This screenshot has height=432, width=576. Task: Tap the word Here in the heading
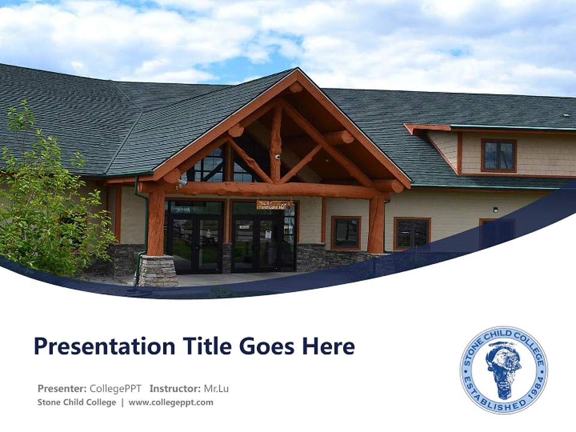tap(329, 347)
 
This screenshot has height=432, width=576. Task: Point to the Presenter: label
tap(63, 388)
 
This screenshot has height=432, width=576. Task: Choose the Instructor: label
tap(175, 388)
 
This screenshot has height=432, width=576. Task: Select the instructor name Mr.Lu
tap(216, 388)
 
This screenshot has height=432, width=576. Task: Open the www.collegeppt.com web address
tap(171, 403)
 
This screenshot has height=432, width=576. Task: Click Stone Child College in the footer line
tap(77, 403)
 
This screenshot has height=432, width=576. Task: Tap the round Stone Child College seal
tap(503, 370)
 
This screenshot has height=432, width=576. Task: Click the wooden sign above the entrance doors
tap(275, 205)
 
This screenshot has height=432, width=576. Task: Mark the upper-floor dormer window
tap(498, 155)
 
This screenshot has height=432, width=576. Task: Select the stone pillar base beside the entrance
tap(158, 271)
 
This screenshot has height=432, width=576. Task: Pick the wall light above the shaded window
tap(496, 209)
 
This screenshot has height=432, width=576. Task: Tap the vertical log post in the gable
tap(276, 144)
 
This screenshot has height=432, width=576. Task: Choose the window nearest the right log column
tap(346, 232)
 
